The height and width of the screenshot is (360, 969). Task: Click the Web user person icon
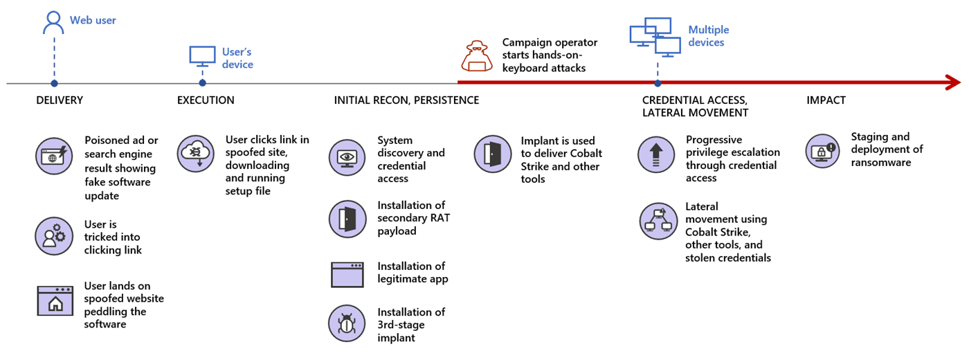tap(53, 22)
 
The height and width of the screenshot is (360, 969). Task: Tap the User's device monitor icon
tap(202, 56)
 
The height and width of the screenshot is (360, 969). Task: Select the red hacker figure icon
tap(477, 56)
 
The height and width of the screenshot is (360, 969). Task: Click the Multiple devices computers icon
tap(655, 37)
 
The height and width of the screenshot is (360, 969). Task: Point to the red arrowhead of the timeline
tap(954, 82)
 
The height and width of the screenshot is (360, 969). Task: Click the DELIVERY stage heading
tap(60, 100)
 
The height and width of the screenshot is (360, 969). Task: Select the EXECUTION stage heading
tap(206, 100)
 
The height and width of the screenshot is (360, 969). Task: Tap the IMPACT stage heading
tap(826, 100)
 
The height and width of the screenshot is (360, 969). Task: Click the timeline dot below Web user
tap(54, 83)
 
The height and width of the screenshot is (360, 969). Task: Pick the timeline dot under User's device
tap(202, 82)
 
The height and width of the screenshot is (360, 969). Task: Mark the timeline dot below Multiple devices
tap(658, 83)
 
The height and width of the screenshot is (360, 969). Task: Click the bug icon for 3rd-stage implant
tap(347, 323)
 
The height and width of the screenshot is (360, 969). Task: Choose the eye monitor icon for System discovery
tap(347, 158)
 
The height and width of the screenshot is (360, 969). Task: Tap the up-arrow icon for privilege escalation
tap(656, 154)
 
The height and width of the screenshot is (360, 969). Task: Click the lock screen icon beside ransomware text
tap(822, 151)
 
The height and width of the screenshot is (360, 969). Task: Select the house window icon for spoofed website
tap(55, 300)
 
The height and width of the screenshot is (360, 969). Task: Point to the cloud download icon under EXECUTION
tap(195, 154)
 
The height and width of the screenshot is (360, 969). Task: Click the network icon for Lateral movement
tap(658, 221)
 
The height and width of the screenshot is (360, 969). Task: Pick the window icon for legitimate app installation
tap(347, 275)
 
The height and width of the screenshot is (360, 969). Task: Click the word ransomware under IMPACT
tap(880, 163)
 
